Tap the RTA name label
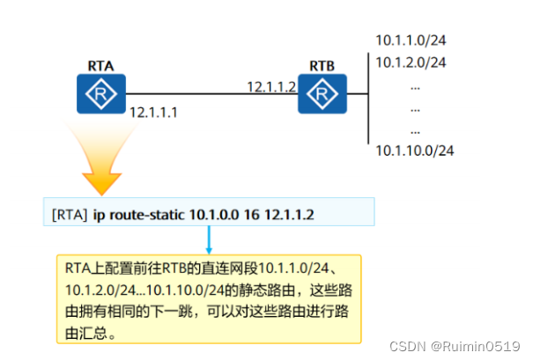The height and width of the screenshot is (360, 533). coord(100,64)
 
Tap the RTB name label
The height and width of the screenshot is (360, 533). coord(322,66)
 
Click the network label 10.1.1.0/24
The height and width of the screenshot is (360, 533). coord(411,40)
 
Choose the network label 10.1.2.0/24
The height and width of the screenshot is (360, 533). coord(411,62)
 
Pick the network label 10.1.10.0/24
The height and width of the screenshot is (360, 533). coord(414,151)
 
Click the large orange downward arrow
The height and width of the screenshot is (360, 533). coord(102,163)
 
